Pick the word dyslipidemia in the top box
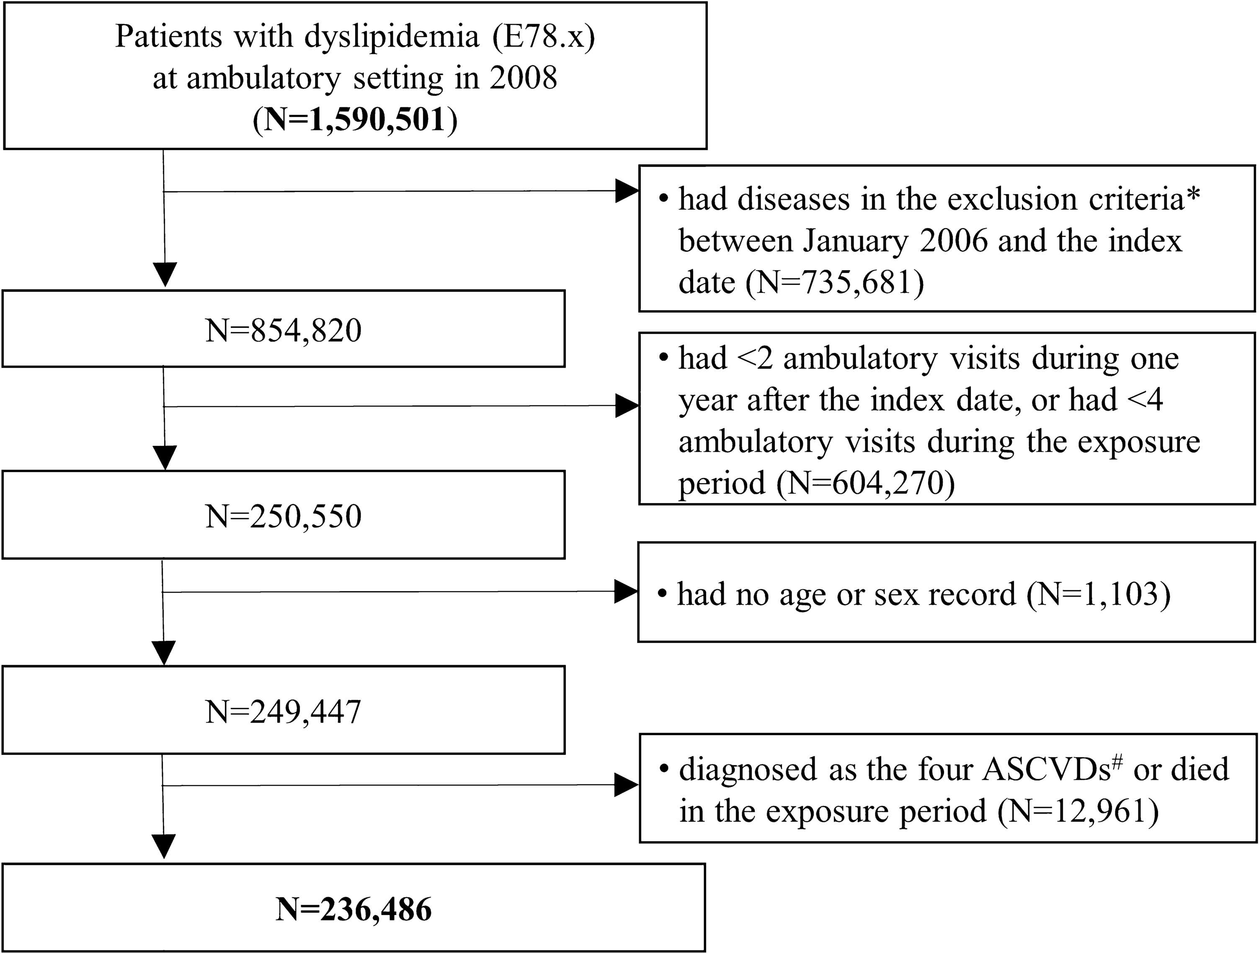point(392,36)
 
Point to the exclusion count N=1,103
point(1099,594)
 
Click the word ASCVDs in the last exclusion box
point(1046,770)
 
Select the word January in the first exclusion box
point(855,241)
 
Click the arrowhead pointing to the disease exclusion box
point(626,192)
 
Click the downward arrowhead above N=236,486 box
point(164,846)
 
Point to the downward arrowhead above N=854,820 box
point(165,274)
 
